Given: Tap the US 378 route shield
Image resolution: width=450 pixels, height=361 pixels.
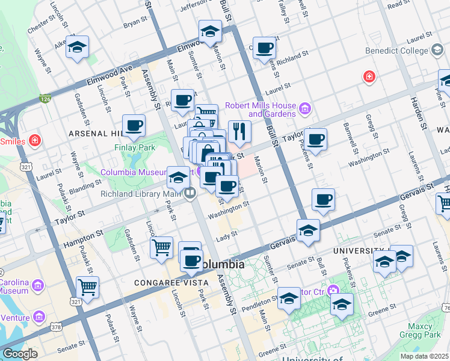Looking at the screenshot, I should point(56,327).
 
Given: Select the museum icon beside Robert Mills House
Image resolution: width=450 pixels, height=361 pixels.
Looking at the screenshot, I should point(305,109).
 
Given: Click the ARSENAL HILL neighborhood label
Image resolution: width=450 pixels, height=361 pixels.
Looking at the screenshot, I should point(94,132).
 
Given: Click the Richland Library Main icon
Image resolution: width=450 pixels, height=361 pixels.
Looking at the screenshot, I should point(191,193).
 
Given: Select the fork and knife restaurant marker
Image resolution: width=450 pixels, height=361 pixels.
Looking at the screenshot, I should point(239,131).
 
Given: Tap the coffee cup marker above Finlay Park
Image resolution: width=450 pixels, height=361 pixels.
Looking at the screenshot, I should point(134,126).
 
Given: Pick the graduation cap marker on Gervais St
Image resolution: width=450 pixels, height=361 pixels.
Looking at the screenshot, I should point(308,230).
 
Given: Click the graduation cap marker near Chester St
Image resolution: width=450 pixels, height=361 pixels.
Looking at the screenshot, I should point(77,48).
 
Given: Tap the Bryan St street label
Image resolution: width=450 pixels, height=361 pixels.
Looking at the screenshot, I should point(135,22).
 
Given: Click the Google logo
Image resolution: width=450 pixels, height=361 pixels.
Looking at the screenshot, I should point(20,354).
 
